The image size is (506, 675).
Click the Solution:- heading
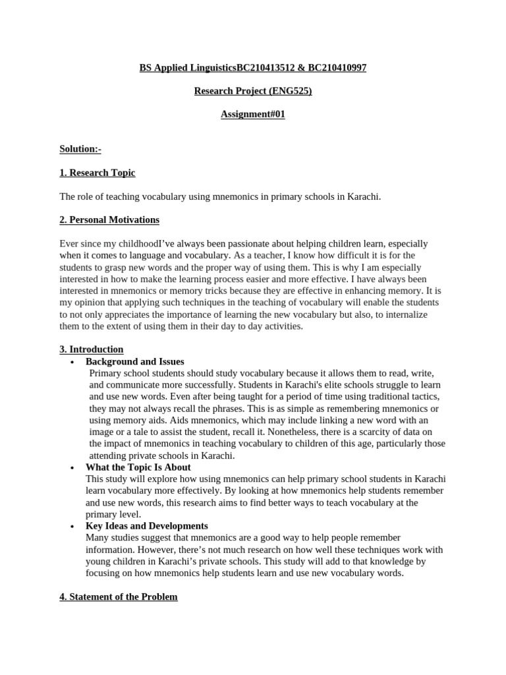pos(80,150)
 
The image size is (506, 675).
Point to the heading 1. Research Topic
pos(98,173)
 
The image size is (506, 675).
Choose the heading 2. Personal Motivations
pos(109,220)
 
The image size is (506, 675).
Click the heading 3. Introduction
pos(92,349)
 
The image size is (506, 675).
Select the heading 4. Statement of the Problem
pos(119,597)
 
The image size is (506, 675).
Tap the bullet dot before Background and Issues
pos(72,362)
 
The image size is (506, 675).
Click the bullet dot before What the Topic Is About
pos(72,467)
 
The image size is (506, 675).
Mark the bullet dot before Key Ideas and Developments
pos(72,526)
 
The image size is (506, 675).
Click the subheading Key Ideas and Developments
pos(147,526)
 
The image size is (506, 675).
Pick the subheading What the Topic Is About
pos(138,467)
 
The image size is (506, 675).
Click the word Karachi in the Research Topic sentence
pos(364,196)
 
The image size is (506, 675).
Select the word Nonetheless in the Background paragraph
pos(281,432)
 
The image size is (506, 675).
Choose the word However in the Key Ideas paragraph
pos(152,550)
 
